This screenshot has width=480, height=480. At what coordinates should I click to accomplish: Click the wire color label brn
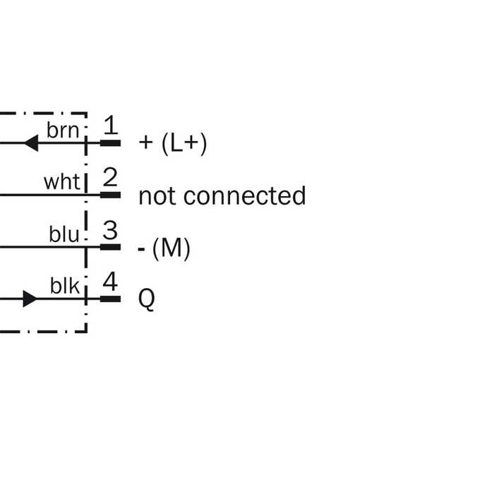[63, 130]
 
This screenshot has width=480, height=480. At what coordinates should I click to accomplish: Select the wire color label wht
[62, 182]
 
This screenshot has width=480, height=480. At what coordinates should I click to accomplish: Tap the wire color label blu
[64, 234]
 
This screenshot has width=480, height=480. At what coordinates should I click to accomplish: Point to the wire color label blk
[65, 286]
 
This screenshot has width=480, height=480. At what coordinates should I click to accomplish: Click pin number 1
[111, 125]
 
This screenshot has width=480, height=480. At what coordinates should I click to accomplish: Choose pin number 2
[110, 177]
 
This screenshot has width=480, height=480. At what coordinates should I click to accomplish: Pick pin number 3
[110, 229]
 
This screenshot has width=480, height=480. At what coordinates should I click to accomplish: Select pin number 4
[110, 282]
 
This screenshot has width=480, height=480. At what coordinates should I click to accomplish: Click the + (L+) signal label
[173, 143]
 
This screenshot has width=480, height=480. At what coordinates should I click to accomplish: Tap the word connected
[244, 196]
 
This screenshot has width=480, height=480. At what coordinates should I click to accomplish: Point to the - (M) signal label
[164, 248]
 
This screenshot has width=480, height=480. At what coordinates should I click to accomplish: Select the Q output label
[147, 299]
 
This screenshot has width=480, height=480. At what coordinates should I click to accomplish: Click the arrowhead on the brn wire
[31, 143]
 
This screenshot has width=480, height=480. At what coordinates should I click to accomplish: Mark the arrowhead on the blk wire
[30, 299]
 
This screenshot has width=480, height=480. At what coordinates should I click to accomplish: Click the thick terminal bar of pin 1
[111, 143]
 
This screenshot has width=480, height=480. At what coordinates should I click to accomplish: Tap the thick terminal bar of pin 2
[111, 195]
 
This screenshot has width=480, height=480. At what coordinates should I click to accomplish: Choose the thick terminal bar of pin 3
[111, 247]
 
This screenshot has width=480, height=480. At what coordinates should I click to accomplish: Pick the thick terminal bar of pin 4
[111, 299]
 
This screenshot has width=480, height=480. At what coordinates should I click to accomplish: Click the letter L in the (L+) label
[176, 143]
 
